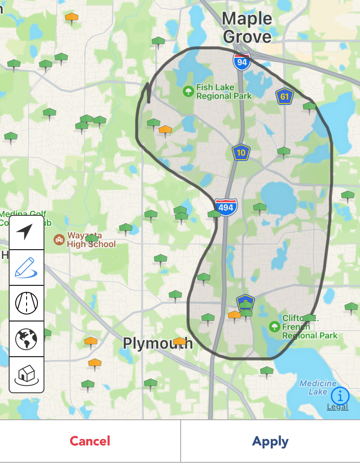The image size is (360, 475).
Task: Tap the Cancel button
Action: (x=90, y=441)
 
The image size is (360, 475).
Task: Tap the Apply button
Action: (x=270, y=441)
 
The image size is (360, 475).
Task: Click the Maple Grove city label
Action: (x=247, y=27)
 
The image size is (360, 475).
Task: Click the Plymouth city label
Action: (x=158, y=343)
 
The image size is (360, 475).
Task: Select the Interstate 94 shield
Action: (x=242, y=62)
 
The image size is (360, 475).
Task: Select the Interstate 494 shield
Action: (x=225, y=207)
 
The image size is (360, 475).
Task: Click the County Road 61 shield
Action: (x=284, y=97)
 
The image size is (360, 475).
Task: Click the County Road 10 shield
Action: (x=241, y=152)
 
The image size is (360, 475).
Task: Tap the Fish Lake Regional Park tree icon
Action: (x=188, y=91)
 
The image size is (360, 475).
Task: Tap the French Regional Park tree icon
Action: (x=274, y=326)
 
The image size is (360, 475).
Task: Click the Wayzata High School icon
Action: (x=59, y=239)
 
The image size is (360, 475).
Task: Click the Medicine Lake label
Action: (x=318, y=387)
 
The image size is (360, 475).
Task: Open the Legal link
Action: (x=337, y=407)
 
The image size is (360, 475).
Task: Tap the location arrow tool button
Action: (x=27, y=232)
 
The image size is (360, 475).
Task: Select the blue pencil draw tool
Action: (x=27, y=268)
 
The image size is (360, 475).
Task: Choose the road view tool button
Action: (x=27, y=303)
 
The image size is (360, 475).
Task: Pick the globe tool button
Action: (x=27, y=338)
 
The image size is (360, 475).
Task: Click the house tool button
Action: (x=27, y=374)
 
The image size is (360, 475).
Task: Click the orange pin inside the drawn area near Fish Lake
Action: (x=165, y=129)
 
